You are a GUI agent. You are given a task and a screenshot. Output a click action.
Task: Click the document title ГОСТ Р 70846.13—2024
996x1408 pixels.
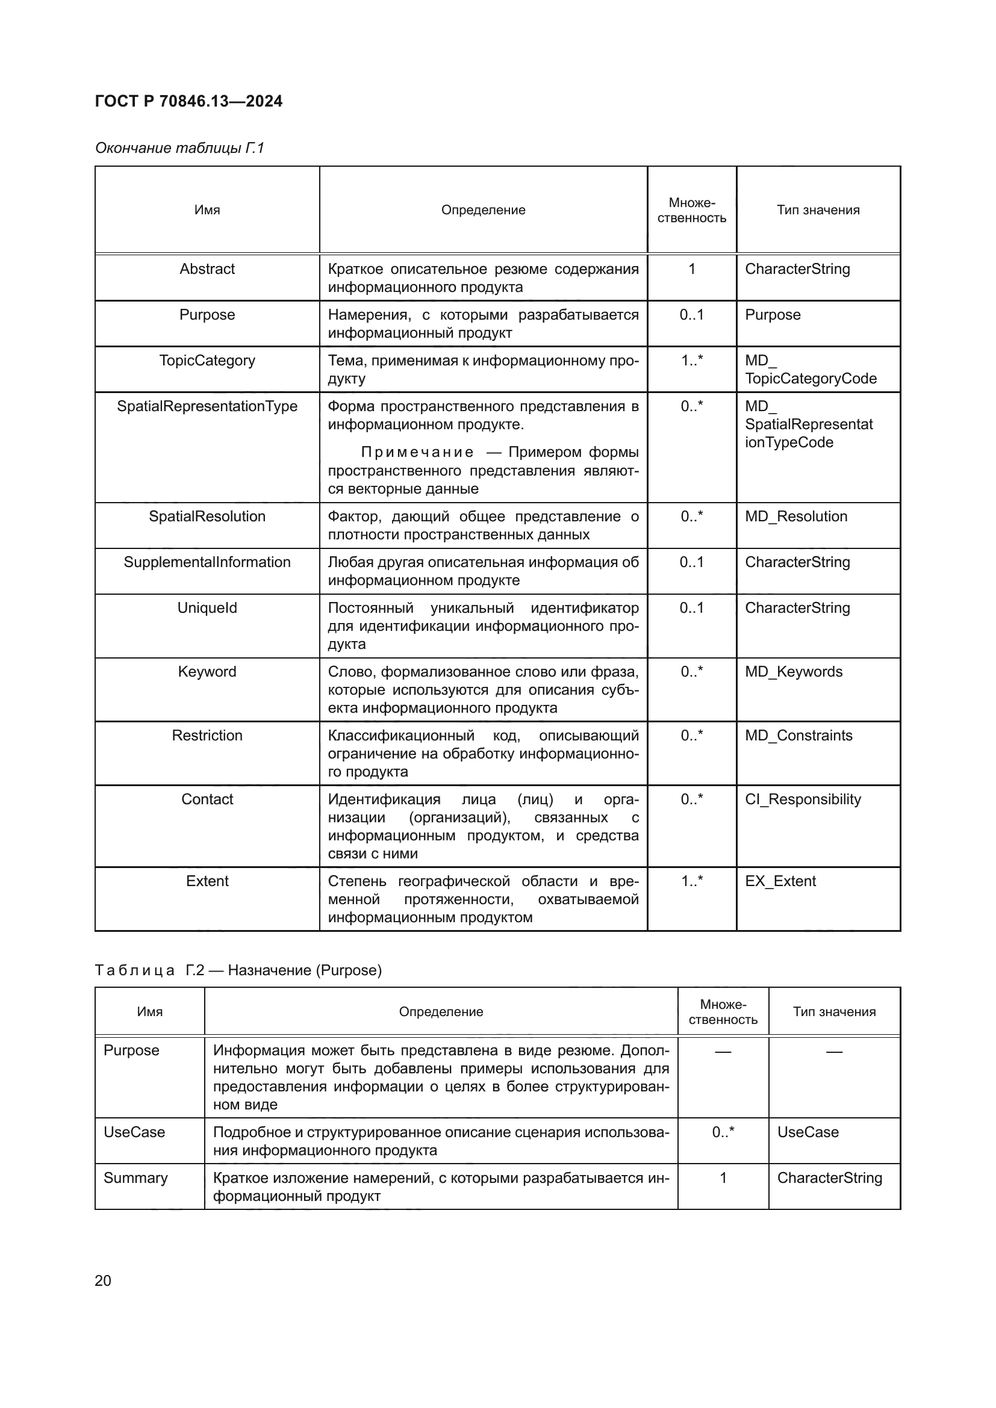(188, 101)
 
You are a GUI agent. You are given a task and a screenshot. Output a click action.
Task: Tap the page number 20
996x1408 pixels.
(103, 1280)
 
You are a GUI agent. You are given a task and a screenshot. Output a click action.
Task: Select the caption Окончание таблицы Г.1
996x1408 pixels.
(179, 148)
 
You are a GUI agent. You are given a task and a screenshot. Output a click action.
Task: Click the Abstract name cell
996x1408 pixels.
(207, 269)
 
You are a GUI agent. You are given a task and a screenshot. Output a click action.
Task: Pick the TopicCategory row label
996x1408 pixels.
(207, 361)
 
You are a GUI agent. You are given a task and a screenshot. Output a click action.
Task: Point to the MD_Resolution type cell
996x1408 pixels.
(795, 516)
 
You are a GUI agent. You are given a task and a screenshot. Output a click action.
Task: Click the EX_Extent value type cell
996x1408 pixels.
(780, 881)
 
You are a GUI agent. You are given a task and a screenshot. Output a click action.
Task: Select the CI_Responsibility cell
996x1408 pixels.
(802, 799)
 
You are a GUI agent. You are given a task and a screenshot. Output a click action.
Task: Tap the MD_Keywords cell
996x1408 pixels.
(793, 672)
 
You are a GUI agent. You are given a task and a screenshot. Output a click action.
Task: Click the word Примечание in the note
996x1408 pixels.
(417, 453)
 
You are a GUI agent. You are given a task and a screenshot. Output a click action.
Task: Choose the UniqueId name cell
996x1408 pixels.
(207, 608)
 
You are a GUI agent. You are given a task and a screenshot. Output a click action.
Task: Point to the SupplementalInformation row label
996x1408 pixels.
(207, 562)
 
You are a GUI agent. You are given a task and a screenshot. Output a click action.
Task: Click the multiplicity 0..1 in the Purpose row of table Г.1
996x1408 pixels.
(691, 315)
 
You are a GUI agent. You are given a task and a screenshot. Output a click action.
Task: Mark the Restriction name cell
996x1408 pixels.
(207, 735)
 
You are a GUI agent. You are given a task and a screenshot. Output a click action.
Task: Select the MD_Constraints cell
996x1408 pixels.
(798, 735)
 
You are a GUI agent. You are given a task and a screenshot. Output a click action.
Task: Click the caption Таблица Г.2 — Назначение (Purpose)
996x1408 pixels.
(238, 970)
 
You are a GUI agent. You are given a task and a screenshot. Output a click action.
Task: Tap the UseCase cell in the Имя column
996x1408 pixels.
(134, 1132)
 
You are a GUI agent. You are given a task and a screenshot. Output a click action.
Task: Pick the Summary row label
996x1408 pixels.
(135, 1178)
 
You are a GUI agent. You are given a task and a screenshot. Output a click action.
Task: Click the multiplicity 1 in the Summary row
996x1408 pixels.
(723, 1178)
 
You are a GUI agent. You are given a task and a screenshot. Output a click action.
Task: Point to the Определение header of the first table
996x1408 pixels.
(483, 210)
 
